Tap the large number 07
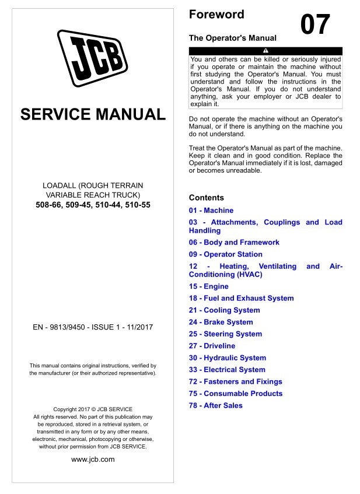coord(315,24)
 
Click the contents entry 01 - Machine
coord(211,210)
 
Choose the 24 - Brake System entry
coord(221,322)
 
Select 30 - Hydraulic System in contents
coord(228,358)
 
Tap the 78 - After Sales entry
coord(216,405)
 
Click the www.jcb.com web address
coord(93,459)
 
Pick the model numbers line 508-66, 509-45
coord(93,205)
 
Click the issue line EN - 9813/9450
coord(93,327)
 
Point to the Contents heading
coord(207,198)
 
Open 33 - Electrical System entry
coord(227,370)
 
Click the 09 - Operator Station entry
coord(226,254)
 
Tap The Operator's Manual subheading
coord(233,37)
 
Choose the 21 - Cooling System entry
coord(225,310)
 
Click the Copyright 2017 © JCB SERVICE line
coord(93,409)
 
